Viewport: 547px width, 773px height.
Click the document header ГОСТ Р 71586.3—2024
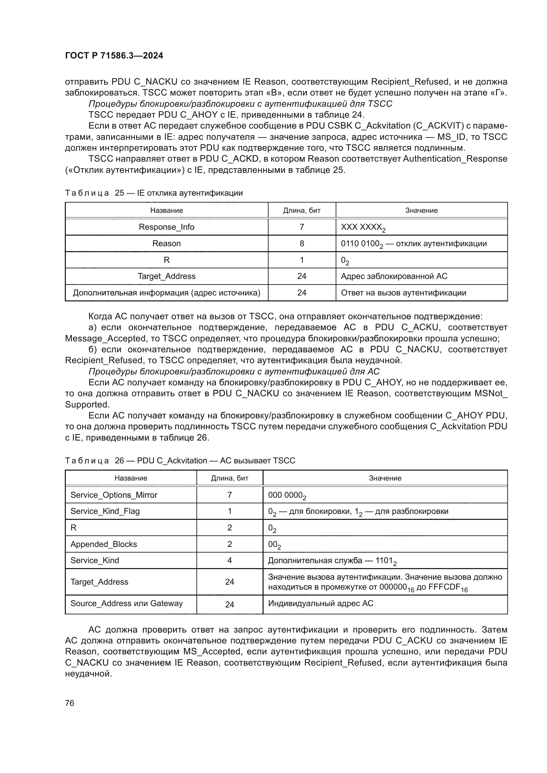pos(114,56)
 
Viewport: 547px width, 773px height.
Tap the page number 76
pos(70,703)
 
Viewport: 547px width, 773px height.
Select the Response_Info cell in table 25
pos(166,227)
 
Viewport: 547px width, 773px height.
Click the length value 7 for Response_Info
pos(302,227)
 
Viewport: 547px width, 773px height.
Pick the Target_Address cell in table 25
pos(166,276)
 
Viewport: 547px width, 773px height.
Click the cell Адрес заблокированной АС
pos(394,276)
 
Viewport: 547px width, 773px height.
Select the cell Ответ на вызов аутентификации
pos(403,292)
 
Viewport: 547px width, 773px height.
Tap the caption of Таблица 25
pos(153,193)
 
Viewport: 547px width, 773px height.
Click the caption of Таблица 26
pos(180,461)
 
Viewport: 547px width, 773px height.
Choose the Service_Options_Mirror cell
pos(114,495)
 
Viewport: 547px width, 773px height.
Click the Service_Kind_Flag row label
pos(105,511)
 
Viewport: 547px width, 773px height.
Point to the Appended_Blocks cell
pos(104,544)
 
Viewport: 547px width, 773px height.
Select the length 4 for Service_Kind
pos(230,560)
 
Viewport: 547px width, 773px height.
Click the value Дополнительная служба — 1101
pos(332,560)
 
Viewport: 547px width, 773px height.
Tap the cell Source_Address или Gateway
pos(127,603)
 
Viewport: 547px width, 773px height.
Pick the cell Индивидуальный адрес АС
pos(321,603)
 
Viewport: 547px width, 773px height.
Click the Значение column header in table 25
pos(421,211)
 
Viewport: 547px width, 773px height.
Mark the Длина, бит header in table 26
pos(230,478)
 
